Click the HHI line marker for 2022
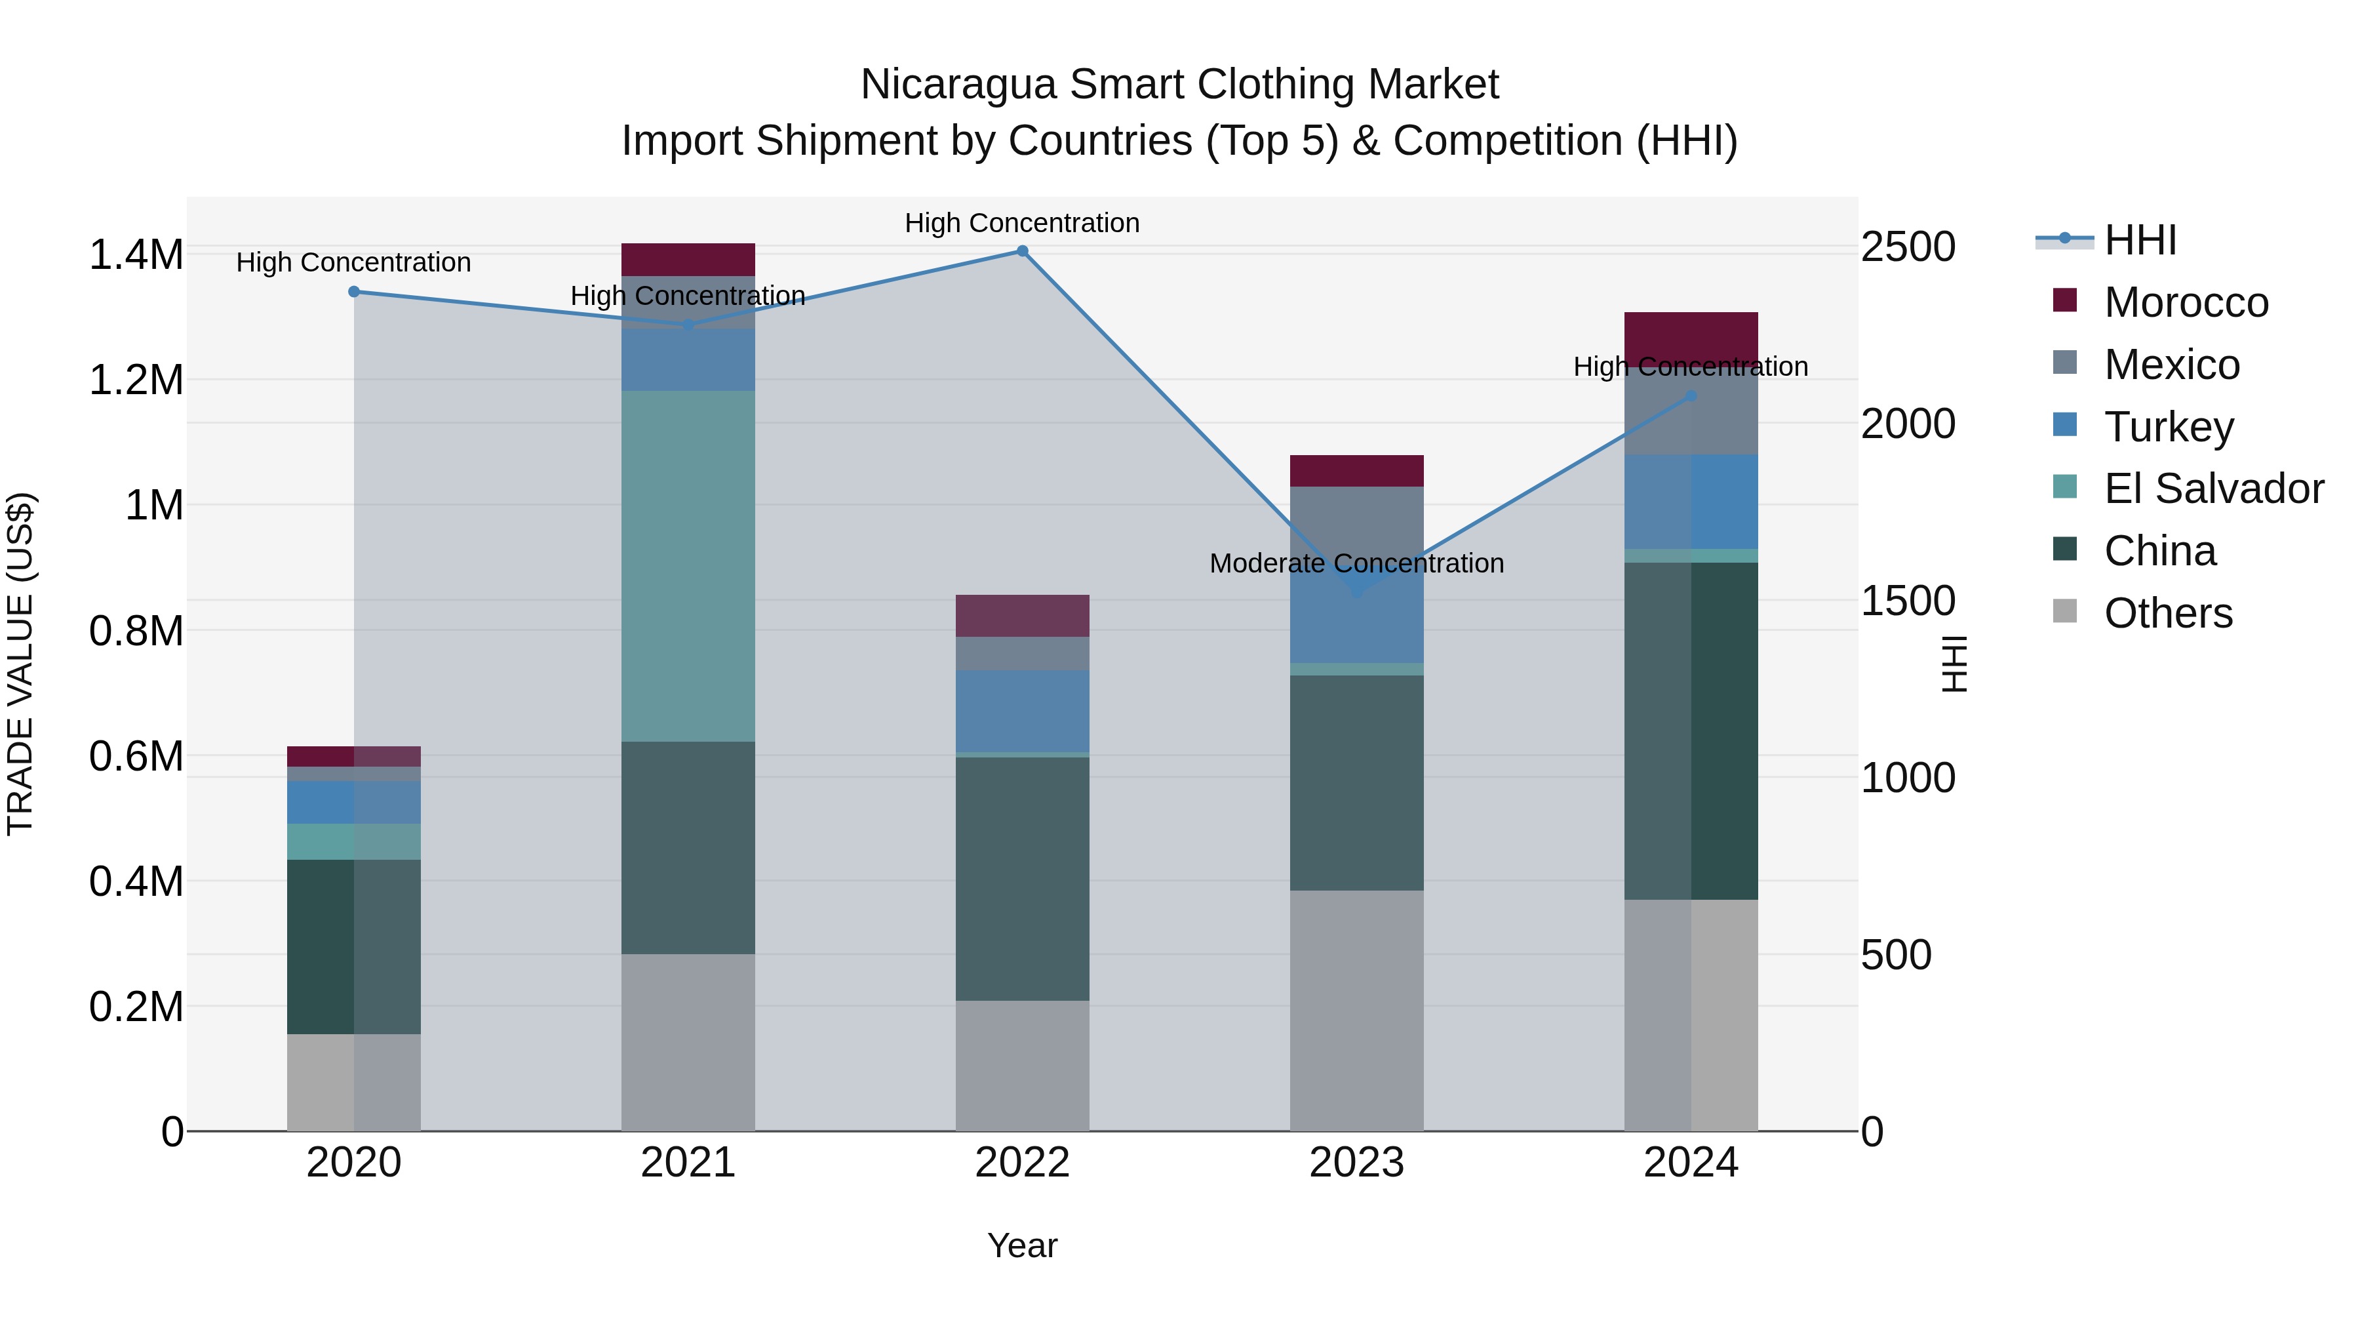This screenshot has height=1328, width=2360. click(1023, 251)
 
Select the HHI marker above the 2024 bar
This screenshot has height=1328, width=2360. click(1691, 396)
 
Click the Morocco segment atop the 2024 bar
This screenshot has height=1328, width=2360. click(1691, 334)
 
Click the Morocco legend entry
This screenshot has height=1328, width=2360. click(2185, 302)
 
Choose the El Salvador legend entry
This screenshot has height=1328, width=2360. click(2212, 489)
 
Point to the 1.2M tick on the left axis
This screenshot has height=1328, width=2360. click(136, 380)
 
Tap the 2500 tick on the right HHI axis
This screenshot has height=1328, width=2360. click(1908, 247)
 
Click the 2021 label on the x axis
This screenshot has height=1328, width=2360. click(688, 1163)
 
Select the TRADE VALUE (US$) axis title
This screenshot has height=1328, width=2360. click(20, 664)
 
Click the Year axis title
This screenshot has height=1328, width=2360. click(1023, 1245)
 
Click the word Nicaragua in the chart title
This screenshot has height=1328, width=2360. click(958, 85)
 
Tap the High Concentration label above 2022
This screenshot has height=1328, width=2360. click(1023, 223)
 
